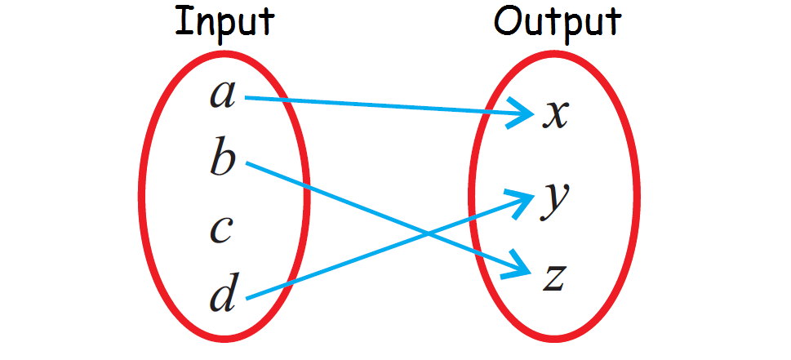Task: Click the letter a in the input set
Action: pyautogui.click(x=222, y=96)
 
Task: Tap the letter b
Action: pyautogui.click(x=222, y=158)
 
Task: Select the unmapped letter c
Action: pyautogui.click(x=222, y=231)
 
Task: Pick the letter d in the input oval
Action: pyautogui.click(x=223, y=295)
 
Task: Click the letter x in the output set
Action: pyautogui.click(x=555, y=115)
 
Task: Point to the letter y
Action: pyautogui.click(x=555, y=201)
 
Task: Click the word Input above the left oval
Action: pyautogui.click(x=224, y=23)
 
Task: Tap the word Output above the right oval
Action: pyautogui.click(x=558, y=23)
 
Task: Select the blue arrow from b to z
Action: pyautogui.click(x=343, y=200)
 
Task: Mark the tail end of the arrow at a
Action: pyautogui.click(x=247, y=98)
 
